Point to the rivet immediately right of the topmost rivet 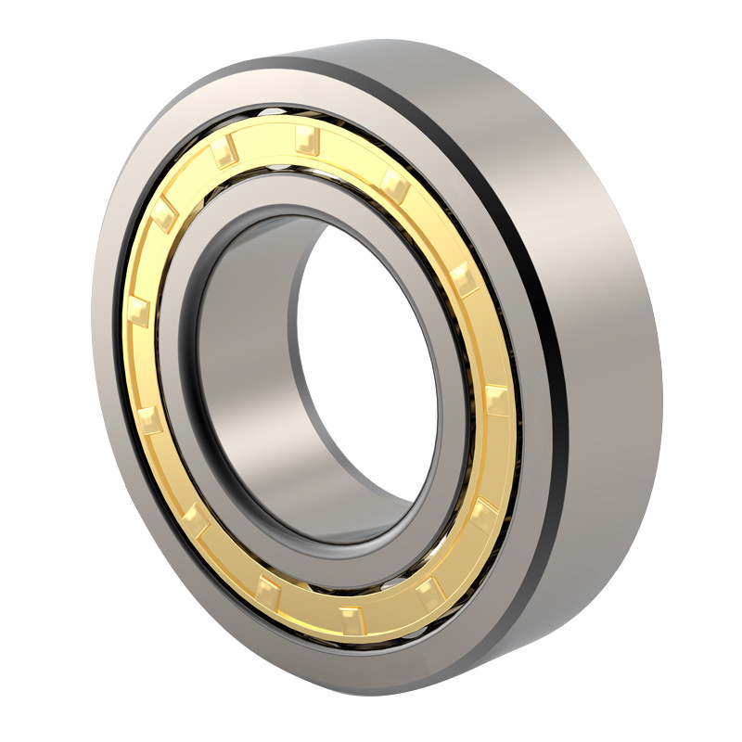tap(395, 185)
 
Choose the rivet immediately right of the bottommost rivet tap(426, 591)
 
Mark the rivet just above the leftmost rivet tap(164, 217)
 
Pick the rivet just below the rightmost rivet tap(483, 515)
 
